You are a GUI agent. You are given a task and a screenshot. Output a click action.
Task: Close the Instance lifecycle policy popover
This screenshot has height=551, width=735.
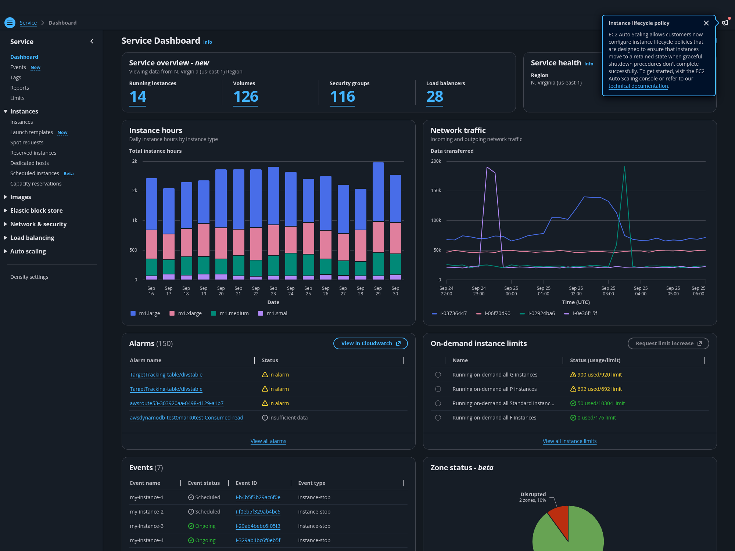(x=706, y=23)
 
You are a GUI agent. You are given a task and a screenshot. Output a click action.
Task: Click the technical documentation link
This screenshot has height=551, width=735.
(x=638, y=86)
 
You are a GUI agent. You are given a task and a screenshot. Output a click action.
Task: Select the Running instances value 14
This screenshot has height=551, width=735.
(x=138, y=97)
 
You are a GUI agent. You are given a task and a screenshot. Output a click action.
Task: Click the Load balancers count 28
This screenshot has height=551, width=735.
(x=435, y=97)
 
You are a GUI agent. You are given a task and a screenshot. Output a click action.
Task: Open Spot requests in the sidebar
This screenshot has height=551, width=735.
(x=27, y=143)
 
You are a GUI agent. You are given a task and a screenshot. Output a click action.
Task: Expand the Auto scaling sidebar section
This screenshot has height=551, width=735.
(x=28, y=251)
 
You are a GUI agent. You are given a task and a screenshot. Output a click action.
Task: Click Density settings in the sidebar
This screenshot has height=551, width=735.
(x=29, y=277)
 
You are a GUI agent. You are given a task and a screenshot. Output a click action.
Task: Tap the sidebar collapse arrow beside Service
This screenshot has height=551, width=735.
(x=92, y=42)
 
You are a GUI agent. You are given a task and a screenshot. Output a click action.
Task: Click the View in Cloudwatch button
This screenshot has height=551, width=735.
(x=370, y=343)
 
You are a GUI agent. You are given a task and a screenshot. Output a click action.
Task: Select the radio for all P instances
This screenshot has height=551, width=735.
(x=438, y=389)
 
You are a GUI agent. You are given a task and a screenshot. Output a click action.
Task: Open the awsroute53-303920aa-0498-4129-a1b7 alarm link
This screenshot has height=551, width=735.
(x=176, y=403)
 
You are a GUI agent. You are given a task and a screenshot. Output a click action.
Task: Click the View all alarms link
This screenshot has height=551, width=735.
(x=268, y=441)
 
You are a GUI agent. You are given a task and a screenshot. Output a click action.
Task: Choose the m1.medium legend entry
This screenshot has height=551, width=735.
(x=230, y=313)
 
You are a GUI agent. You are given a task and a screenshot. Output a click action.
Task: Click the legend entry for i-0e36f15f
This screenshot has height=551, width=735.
(x=581, y=313)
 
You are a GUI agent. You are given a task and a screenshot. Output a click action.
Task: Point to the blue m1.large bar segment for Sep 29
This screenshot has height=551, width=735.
(x=378, y=192)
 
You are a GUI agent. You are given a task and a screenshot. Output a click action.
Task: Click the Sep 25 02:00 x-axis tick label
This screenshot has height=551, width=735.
(x=576, y=291)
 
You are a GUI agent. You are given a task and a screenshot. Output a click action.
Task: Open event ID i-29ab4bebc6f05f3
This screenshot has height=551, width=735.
(x=258, y=526)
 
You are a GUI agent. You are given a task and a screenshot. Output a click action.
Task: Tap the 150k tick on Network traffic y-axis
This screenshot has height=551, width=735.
(x=436, y=191)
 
